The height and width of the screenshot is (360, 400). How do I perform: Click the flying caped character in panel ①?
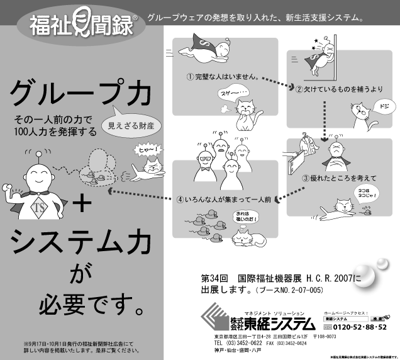pyautogui.click(x=208, y=51)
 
